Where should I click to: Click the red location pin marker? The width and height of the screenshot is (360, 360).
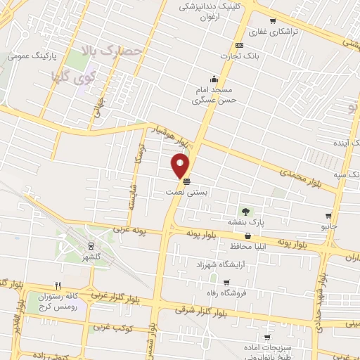[181, 166]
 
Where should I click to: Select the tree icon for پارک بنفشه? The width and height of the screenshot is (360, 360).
[245, 211]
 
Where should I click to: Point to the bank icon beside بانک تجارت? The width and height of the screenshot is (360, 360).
[240, 45]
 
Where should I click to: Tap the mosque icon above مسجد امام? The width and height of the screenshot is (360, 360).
[213, 79]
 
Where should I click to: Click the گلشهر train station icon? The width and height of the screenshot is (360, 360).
[91, 246]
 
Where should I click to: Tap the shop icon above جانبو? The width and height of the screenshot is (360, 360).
[328, 216]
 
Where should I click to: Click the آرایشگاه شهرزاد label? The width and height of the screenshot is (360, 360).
[219, 263]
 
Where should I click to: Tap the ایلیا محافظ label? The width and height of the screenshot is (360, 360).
[245, 247]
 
